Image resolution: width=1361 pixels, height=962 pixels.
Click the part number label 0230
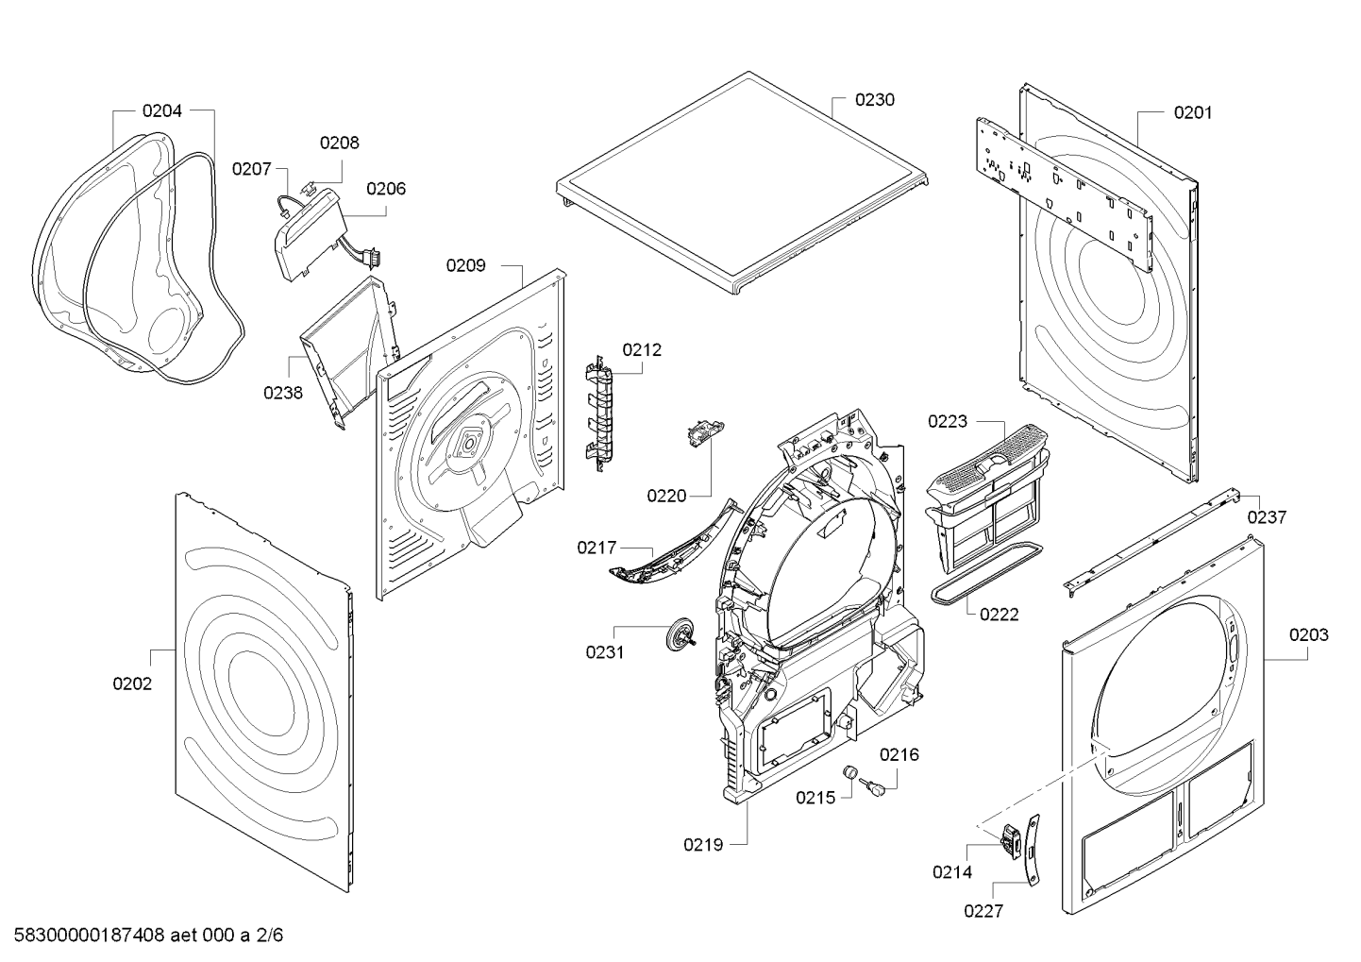pyautogui.click(x=874, y=100)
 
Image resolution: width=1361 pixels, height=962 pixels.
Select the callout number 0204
pyautogui.click(x=161, y=110)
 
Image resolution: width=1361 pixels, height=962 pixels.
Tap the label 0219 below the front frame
pyautogui.click(x=703, y=845)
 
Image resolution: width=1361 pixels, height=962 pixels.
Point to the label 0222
pyautogui.click(x=999, y=615)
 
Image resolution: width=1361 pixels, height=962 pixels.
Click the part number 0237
pyautogui.click(x=1267, y=517)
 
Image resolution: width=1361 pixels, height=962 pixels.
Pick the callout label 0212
pyautogui.click(x=642, y=350)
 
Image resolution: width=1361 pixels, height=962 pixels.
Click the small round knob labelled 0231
pyautogui.click(x=680, y=635)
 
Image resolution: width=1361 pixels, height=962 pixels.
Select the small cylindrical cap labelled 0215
pyautogui.click(x=849, y=772)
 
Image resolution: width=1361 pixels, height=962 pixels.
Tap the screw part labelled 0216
pyautogui.click(x=870, y=787)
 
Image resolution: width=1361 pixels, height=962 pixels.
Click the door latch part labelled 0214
pyautogui.click(x=1011, y=841)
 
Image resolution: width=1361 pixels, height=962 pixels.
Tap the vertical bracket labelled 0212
pyautogui.click(x=599, y=413)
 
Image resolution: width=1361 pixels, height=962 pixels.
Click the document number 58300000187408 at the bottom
pyautogui.click(x=90, y=935)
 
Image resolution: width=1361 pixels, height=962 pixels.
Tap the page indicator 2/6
pyautogui.click(x=269, y=935)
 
